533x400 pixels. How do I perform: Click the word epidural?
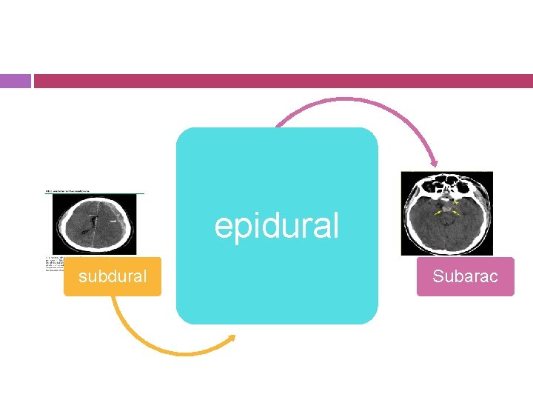point(276,226)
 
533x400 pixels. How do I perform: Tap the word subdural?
point(113,277)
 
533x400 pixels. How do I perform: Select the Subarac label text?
point(465,277)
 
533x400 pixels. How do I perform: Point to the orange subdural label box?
point(113,287)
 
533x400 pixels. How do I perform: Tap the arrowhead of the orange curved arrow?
point(232,339)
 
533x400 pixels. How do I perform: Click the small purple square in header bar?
point(15,81)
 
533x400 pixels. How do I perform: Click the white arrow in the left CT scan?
point(113,220)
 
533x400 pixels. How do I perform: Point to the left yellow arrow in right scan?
point(439,213)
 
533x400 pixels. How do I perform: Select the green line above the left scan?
point(95,194)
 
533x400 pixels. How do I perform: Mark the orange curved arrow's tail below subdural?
point(115,300)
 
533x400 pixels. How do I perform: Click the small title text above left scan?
point(67,191)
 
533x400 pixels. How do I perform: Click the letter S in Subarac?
point(438,277)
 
